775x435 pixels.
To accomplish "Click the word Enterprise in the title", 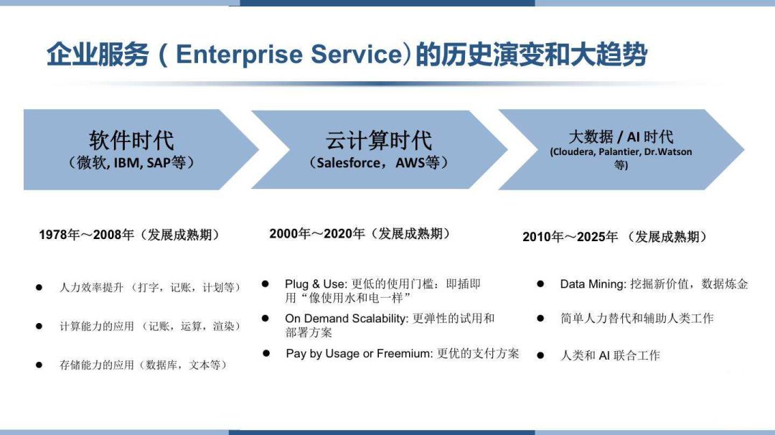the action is (x=239, y=55).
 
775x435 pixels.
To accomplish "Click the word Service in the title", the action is (x=357, y=54).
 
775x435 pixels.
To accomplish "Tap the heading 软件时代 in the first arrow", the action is (x=131, y=141).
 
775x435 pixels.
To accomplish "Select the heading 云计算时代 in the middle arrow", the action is (x=379, y=141).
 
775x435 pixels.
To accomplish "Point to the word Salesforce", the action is (x=349, y=163).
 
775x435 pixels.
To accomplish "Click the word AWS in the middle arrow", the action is (x=410, y=163).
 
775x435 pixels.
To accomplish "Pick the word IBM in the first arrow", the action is (x=126, y=163).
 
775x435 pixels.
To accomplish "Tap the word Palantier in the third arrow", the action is (x=619, y=151).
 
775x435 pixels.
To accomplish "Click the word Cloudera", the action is (x=574, y=151).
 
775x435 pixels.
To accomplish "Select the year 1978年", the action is (x=60, y=234).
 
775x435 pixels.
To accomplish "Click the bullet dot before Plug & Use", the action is (x=266, y=284).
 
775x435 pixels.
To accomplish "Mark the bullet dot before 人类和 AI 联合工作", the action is (x=541, y=355).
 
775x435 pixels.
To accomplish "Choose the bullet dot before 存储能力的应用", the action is (x=39, y=365).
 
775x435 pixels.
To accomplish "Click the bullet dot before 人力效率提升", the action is (x=39, y=287).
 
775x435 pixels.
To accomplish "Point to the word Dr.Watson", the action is (x=668, y=151).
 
